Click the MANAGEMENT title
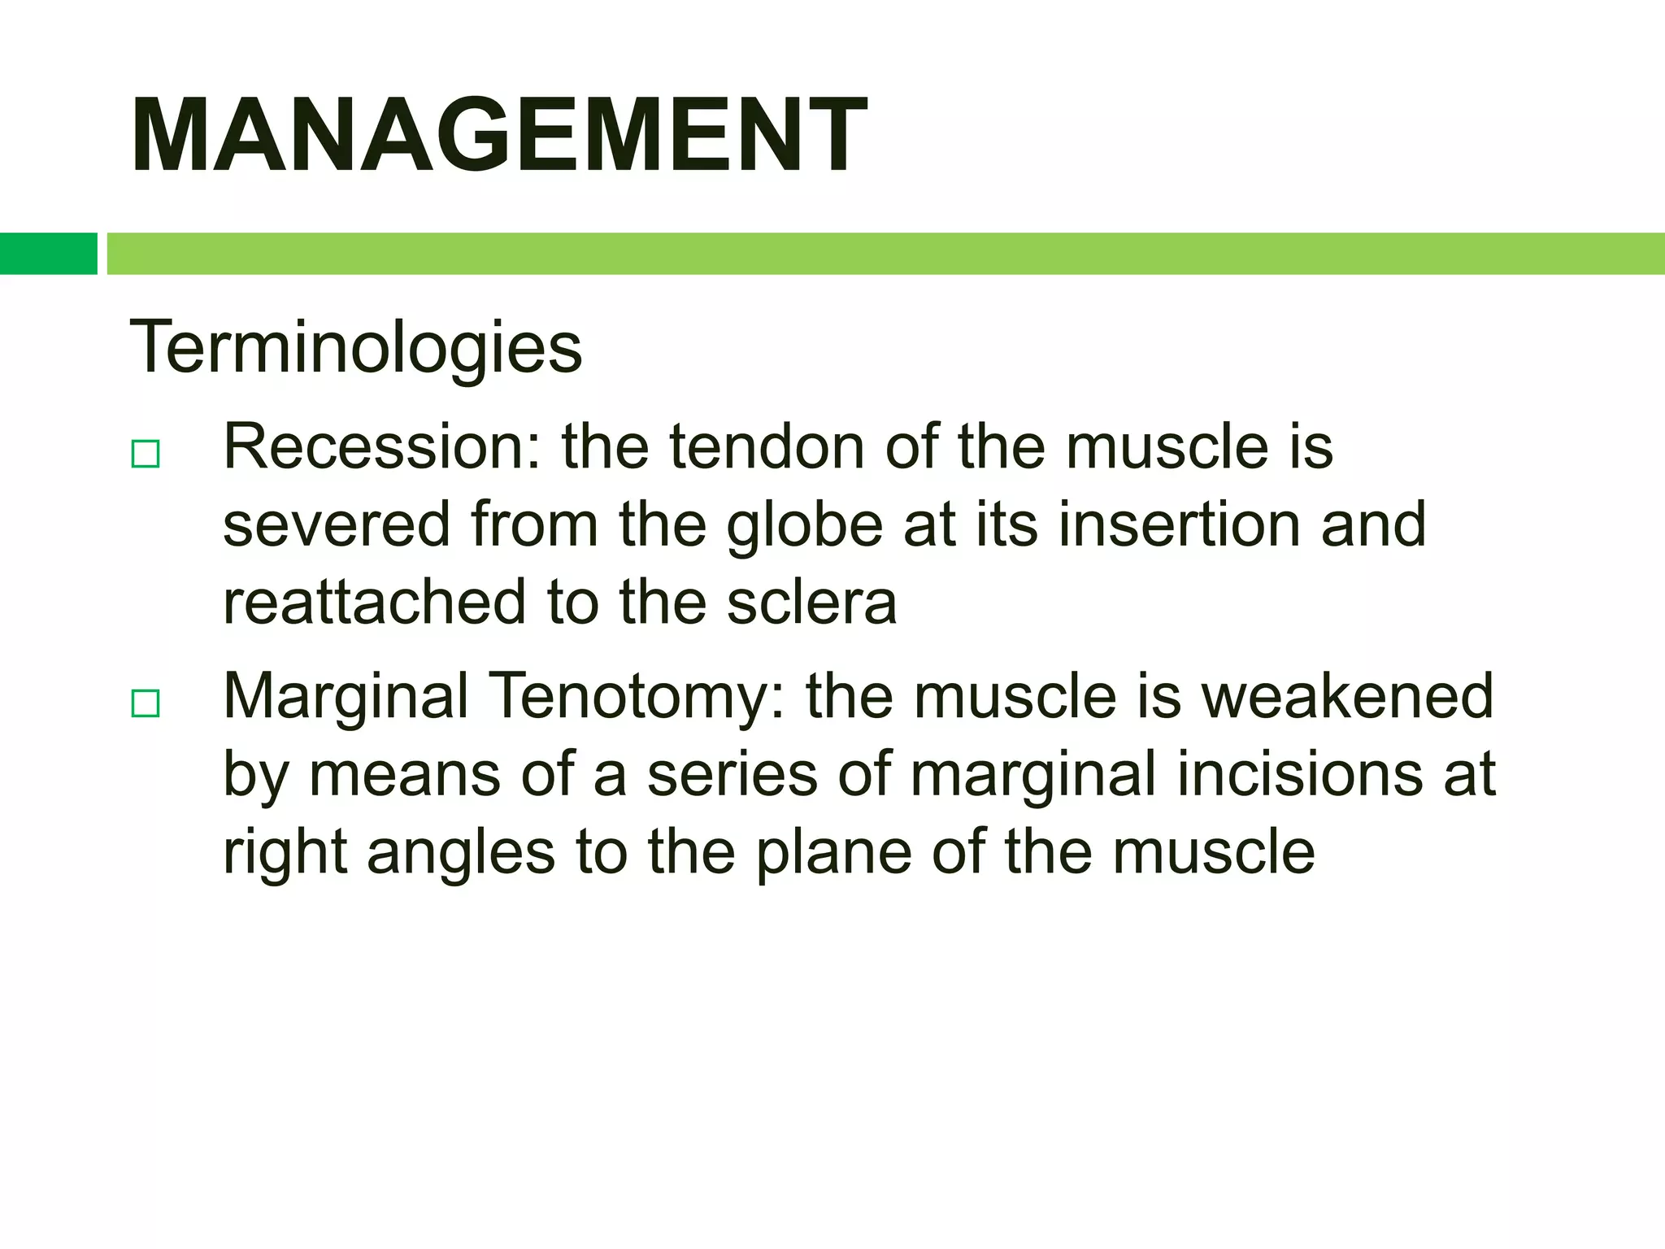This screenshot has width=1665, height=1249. pos(498,135)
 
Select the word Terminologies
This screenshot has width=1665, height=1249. pos(355,347)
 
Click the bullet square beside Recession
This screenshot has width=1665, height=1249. pos(146,454)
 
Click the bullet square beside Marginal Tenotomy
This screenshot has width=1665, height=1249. pos(146,703)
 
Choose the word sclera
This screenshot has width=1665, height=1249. pos(811,603)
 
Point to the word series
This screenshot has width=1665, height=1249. pos(732,774)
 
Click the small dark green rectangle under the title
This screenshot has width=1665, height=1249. pos(48,253)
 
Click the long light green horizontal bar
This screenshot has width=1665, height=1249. pos(885,253)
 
